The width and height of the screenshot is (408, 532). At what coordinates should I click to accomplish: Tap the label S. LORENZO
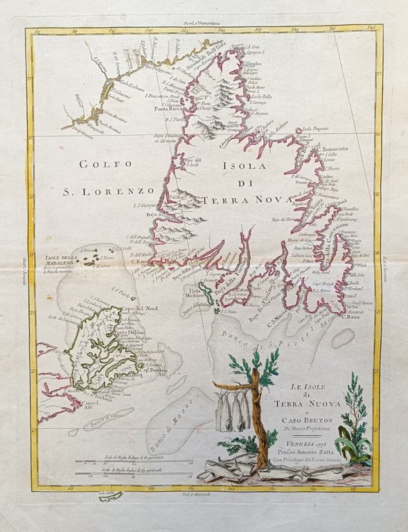coord(107,188)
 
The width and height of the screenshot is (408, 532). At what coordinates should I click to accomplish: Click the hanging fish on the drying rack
coord(234,412)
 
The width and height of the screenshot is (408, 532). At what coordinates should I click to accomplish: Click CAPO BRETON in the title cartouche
coord(304,418)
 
